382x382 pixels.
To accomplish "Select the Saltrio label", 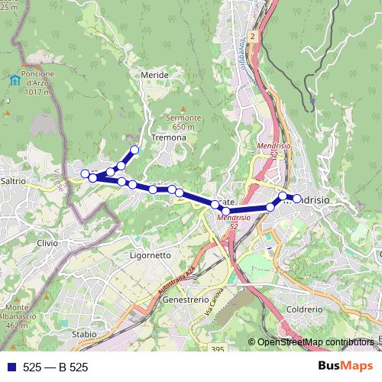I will point(15,181).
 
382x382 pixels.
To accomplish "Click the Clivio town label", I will point(47,242).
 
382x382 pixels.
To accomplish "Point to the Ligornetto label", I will point(151,255).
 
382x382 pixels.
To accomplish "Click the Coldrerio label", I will point(304,309).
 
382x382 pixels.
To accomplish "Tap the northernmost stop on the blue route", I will point(135,150).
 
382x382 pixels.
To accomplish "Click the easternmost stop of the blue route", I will point(297,199).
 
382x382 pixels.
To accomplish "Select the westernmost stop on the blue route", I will point(85,173).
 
